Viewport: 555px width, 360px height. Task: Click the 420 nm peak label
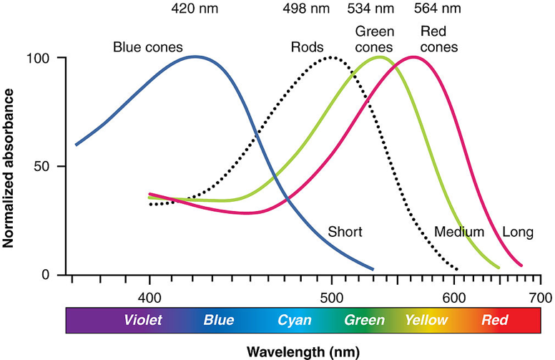point(195,10)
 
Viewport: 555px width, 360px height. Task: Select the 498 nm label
point(308,10)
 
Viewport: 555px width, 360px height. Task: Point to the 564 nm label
point(438,10)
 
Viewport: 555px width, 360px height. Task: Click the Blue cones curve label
point(148,48)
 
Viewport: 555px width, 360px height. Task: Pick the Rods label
point(306,48)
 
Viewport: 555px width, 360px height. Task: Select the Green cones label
point(374,40)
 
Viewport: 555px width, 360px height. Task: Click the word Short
point(345,232)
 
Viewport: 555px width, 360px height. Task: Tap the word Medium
point(459,232)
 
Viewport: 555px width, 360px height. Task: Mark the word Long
point(517,232)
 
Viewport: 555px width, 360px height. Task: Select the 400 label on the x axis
point(149,296)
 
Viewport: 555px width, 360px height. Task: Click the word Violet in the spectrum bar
point(143,320)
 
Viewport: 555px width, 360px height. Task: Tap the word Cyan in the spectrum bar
point(295,320)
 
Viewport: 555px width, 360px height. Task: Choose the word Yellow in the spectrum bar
point(426,320)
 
